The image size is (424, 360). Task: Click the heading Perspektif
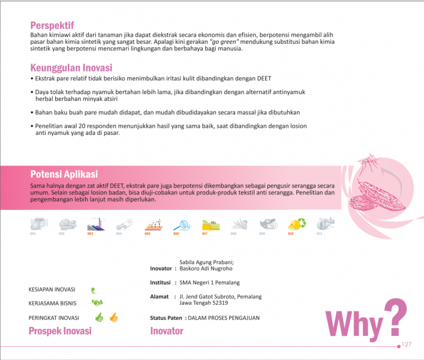[x=52, y=25]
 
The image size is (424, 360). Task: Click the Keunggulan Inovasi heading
[x=71, y=68]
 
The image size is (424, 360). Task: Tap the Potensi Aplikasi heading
[x=64, y=174]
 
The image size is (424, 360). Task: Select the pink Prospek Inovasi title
[x=60, y=331]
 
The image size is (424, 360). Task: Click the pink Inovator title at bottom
[x=167, y=331]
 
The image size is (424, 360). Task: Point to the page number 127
[x=406, y=344]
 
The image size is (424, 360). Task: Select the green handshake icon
[x=98, y=303]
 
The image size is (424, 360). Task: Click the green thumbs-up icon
[x=99, y=317]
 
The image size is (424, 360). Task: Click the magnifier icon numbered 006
[x=181, y=225]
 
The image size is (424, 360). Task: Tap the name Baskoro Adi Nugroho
[x=206, y=268]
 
